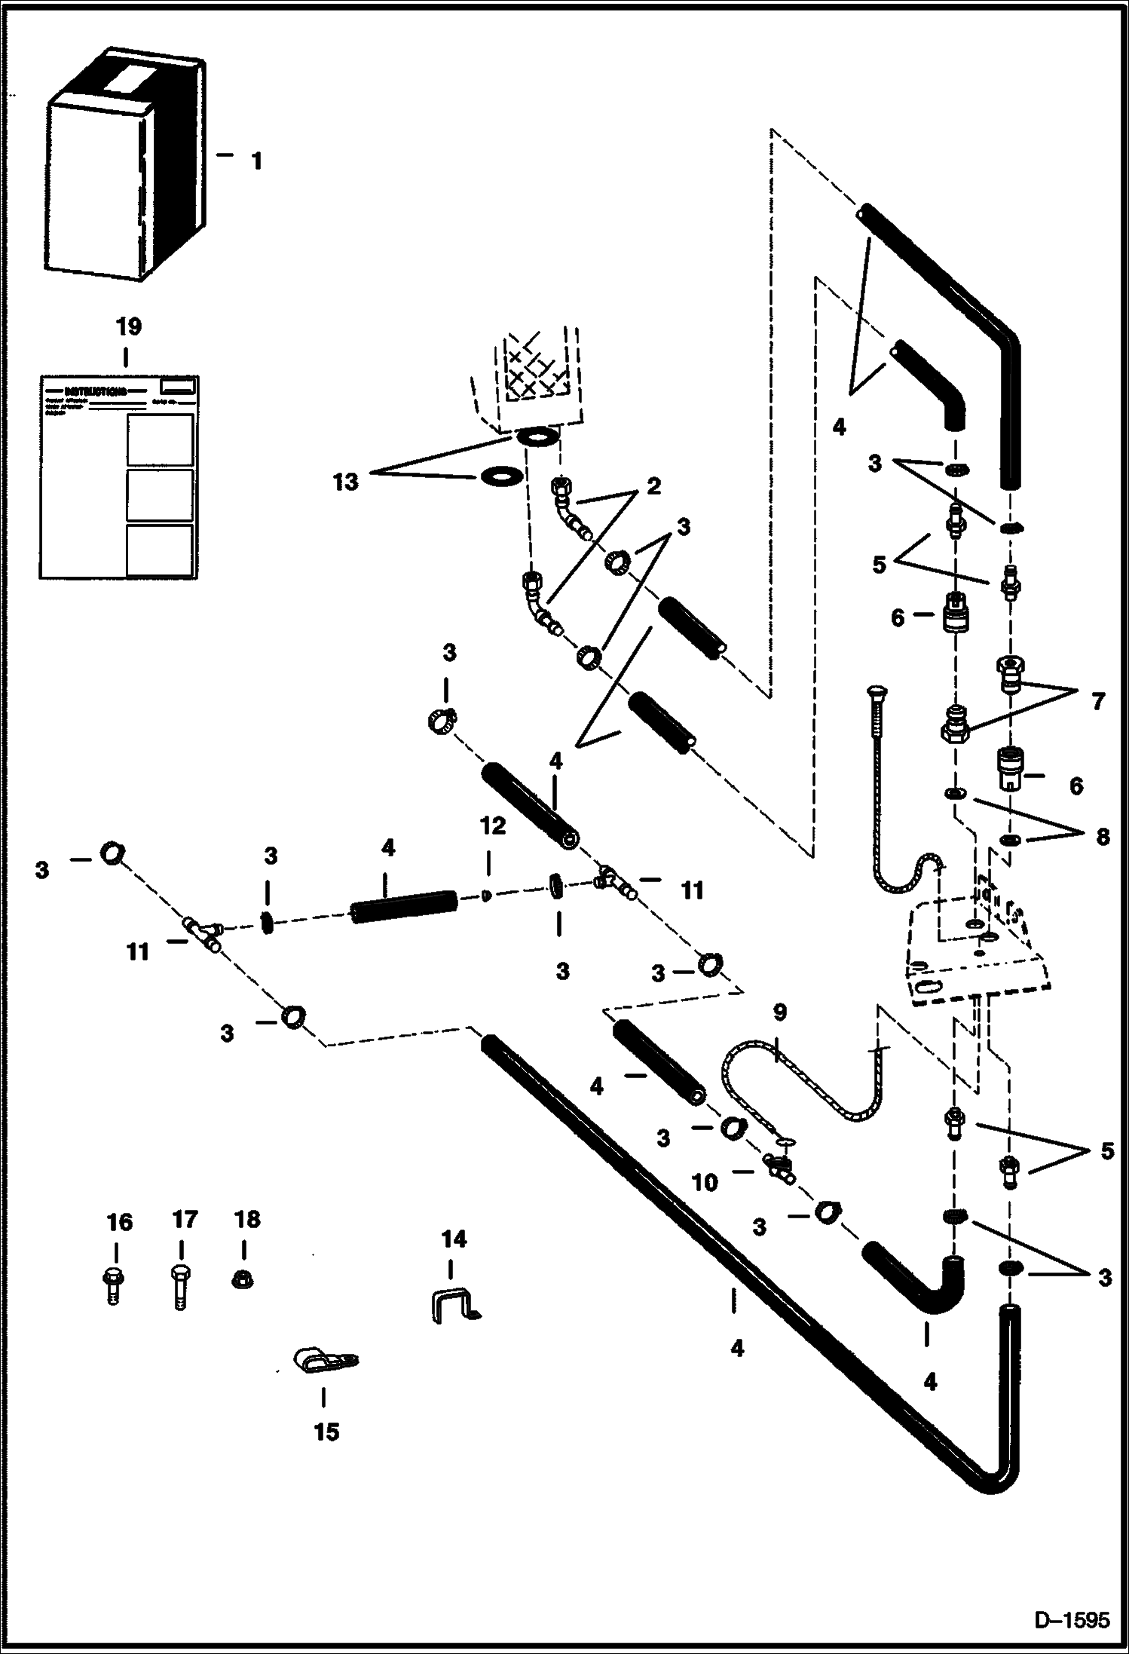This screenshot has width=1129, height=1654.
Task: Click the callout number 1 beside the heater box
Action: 256,161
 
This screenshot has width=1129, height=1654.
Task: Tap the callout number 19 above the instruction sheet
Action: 128,327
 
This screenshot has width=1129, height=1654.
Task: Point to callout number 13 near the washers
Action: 346,482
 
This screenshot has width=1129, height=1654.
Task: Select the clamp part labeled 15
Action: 324,1359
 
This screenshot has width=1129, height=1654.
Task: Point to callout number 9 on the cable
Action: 780,1012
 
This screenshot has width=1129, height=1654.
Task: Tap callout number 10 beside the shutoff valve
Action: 705,1182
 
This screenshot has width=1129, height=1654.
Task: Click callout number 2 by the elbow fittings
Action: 653,487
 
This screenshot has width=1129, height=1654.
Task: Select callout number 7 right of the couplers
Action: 1097,701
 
